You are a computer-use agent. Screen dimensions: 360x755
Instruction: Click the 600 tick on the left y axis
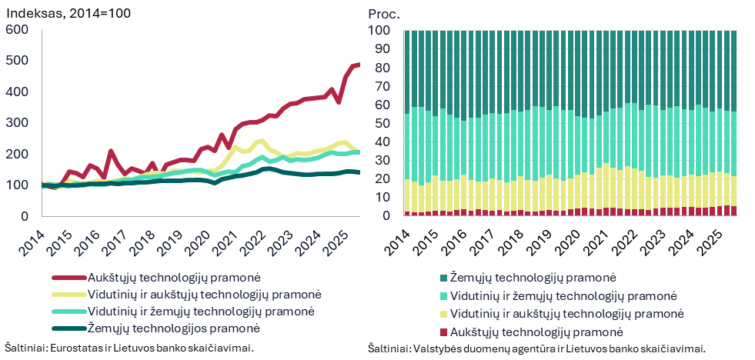pos(17,29)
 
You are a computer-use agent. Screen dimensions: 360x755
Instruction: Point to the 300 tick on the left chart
pos(17,123)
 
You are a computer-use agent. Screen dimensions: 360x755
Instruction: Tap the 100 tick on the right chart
pos(382,31)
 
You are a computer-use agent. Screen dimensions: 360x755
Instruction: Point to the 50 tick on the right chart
pos(385,123)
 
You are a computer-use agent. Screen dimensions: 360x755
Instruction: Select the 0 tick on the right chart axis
pos(388,215)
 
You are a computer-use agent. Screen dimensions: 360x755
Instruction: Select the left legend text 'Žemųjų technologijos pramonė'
pos(173,328)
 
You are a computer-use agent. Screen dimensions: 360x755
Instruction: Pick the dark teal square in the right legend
pos(443,278)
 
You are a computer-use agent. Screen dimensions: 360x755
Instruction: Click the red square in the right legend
pos(443,332)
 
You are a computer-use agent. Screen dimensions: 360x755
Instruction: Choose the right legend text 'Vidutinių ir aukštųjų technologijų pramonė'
pos(566,314)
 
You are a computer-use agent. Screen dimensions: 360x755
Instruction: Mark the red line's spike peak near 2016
pos(111,152)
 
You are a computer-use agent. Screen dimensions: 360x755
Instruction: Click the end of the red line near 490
pos(358,65)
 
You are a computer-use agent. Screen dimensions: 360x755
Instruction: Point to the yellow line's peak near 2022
pos(262,141)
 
